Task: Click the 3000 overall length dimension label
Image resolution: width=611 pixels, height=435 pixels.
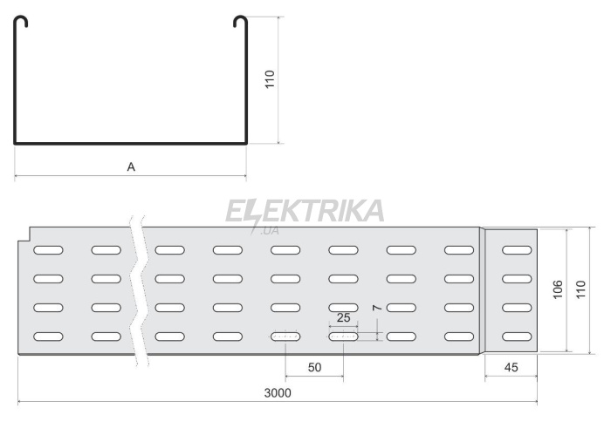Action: (278, 393)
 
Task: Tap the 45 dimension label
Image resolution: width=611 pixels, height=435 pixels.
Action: (511, 367)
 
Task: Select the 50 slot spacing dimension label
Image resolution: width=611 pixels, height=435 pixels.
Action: (314, 367)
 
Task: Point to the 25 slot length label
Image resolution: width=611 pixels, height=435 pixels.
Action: (343, 318)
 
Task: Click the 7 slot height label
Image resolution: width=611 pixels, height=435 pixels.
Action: (377, 308)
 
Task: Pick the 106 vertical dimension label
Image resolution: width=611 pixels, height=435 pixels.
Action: (558, 289)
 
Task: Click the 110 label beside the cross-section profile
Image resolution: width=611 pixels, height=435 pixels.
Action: (270, 79)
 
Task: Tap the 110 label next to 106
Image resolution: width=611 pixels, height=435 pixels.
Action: (580, 289)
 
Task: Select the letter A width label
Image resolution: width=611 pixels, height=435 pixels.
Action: (131, 167)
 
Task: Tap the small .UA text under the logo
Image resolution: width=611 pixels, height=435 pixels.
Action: (270, 231)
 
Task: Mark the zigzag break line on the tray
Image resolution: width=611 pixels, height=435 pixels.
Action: (139, 291)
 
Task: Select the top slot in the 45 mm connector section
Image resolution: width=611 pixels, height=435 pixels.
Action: (517, 250)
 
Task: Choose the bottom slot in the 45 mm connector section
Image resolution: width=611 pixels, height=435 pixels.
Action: (517, 336)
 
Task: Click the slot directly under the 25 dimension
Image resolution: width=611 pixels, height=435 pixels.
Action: (343, 336)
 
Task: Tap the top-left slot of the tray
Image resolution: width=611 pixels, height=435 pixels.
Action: (48, 250)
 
